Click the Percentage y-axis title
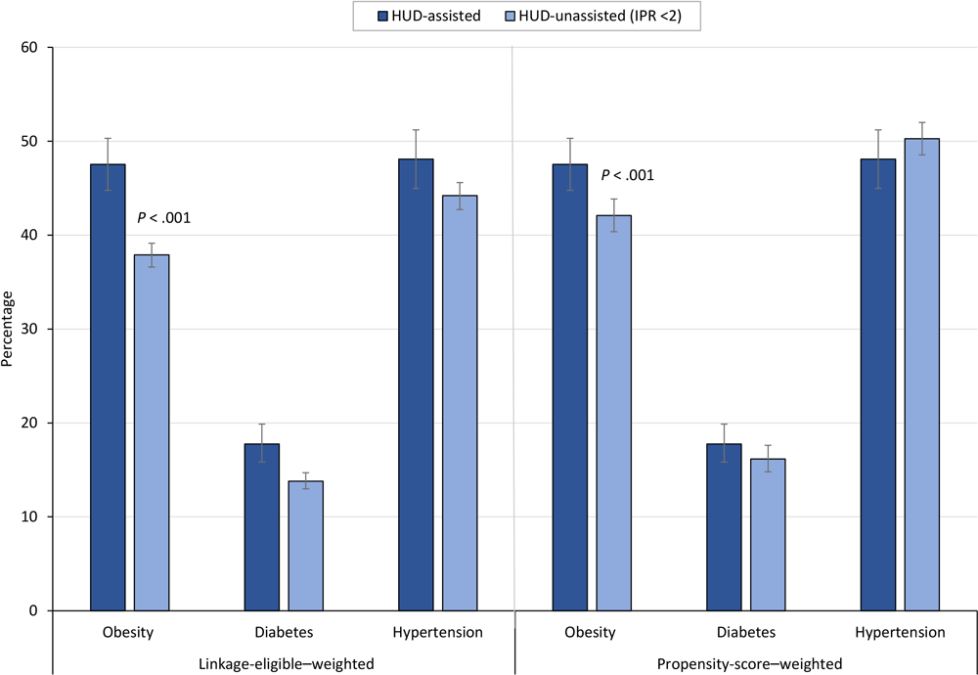10,329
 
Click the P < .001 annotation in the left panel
164,217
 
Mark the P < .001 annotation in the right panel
627,175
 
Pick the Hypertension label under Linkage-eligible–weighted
437,633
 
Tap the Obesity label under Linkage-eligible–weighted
128,633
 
